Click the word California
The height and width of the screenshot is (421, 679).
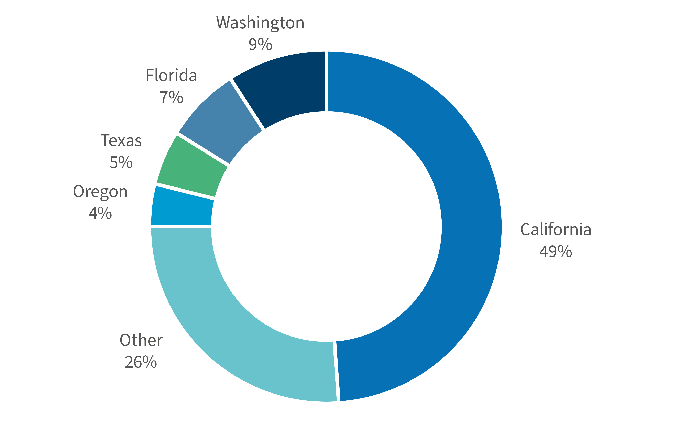556,230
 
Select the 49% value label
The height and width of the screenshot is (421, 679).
556,251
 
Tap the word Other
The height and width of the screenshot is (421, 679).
141,340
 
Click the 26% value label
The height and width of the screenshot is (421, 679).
141,362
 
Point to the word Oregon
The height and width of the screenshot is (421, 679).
100,192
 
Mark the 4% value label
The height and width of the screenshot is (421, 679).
100,214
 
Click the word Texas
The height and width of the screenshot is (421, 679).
121,141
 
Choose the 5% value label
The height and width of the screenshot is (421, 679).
121,162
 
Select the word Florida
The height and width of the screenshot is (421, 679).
171,76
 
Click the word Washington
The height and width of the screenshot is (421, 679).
260,23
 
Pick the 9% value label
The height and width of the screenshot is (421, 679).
260,45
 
